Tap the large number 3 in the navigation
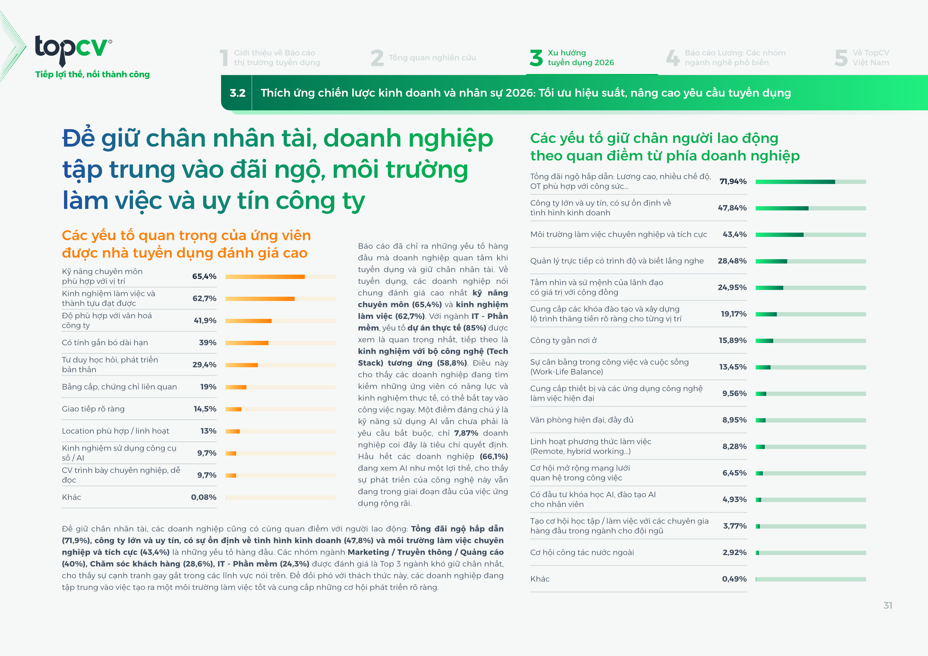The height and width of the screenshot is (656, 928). point(536,58)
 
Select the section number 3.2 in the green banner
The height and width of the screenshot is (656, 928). point(237,93)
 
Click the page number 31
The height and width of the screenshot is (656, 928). point(887,605)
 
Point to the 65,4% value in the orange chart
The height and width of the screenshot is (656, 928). point(204,277)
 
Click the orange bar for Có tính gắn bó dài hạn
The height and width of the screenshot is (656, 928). point(247,343)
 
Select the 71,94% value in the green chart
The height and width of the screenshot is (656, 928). point(733,182)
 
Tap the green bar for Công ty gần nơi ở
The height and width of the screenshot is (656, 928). point(764,341)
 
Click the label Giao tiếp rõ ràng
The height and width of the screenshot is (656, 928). point(93,409)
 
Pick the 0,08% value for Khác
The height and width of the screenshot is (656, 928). point(204,497)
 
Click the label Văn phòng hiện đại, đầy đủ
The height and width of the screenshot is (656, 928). point(582,420)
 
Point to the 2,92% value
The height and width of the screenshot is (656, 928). point(734,552)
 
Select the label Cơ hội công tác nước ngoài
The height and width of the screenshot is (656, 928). point(582,552)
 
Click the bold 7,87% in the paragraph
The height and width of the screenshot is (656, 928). point(466,433)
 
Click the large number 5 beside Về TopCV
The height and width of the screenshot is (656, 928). point(841,58)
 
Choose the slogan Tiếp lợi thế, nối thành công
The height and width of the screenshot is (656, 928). point(92,74)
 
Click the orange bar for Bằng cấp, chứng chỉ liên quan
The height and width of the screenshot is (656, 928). point(236,387)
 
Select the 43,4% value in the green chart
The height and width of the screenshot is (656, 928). point(734,234)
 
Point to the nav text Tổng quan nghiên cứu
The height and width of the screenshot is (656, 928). point(432,58)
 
